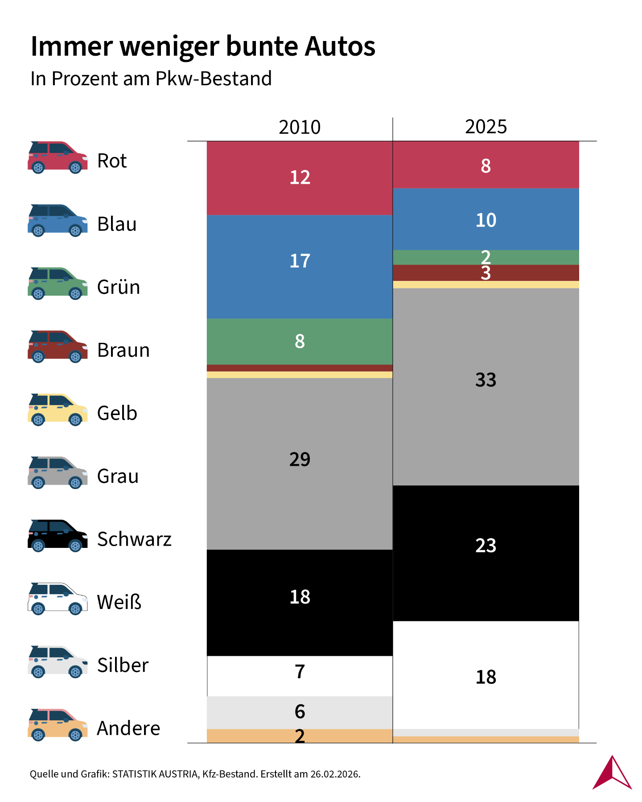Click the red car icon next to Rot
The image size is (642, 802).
tap(58, 158)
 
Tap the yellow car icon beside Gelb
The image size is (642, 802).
tap(58, 410)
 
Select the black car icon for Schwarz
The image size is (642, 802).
tap(58, 536)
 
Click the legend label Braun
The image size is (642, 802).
tap(123, 350)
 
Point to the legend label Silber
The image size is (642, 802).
tap(123, 665)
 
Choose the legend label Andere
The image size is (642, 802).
tap(128, 728)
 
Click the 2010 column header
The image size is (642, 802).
tap(300, 127)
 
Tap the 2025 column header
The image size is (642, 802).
tap(486, 127)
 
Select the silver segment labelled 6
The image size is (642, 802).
tap(300, 712)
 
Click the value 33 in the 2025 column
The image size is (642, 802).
tap(486, 380)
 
